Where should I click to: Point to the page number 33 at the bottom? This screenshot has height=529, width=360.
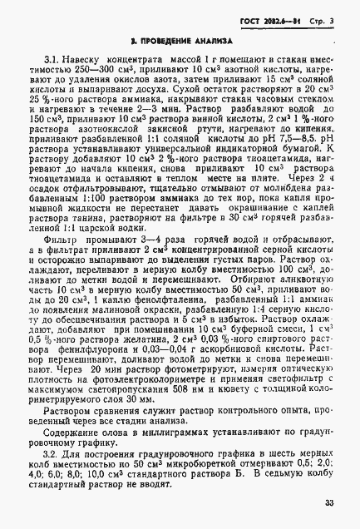coord(330,502)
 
